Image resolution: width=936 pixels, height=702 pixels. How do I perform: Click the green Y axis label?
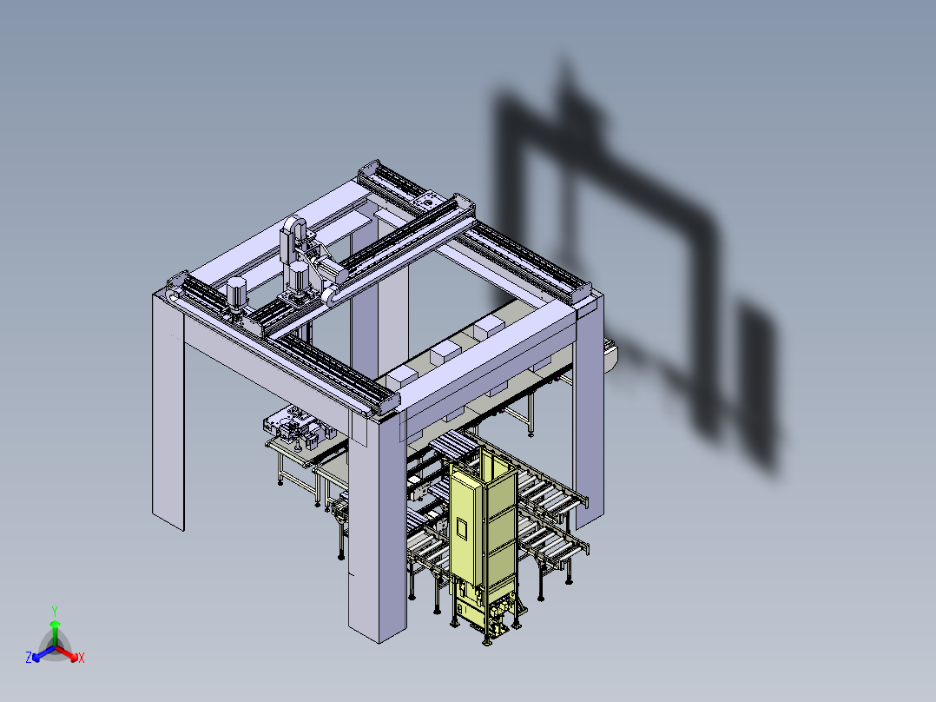point(55,611)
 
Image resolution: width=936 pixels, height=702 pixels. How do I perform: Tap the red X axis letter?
point(82,659)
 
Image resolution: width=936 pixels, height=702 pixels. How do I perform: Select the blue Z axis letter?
point(29,659)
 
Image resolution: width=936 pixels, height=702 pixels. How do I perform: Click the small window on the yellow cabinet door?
point(460,526)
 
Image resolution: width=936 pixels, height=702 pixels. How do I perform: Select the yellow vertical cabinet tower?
point(482,539)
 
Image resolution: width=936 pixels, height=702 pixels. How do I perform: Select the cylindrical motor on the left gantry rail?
point(236,295)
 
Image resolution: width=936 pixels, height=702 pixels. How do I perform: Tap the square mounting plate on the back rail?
point(425,201)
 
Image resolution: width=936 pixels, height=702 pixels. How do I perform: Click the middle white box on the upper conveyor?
point(445,352)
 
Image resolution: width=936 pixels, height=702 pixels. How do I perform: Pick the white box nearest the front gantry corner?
point(401,376)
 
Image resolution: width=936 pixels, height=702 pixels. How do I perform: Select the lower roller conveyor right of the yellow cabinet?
point(556,543)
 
